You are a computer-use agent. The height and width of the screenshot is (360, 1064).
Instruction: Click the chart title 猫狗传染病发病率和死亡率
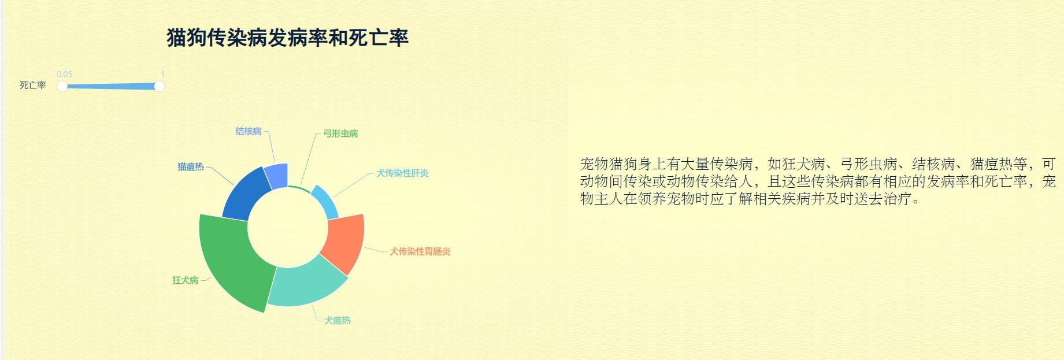(288, 38)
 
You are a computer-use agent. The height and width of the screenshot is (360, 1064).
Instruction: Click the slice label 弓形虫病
(340, 133)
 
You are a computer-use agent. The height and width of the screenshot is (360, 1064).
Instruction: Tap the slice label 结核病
(249, 131)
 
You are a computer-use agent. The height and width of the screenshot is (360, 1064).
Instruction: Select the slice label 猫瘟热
(191, 167)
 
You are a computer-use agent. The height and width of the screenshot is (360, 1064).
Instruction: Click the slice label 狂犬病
(186, 280)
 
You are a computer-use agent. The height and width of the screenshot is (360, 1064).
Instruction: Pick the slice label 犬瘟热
(338, 320)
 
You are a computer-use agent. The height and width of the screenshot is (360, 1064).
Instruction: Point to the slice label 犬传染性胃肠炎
(420, 251)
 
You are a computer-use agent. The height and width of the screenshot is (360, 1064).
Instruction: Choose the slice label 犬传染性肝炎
(402, 173)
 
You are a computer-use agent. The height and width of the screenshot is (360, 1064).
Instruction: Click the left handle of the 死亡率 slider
(62, 87)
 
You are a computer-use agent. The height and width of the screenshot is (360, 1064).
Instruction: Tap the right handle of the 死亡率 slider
(159, 87)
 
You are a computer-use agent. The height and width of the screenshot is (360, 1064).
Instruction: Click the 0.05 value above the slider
(65, 74)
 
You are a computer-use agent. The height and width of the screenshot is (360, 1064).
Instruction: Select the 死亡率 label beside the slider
(33, 86)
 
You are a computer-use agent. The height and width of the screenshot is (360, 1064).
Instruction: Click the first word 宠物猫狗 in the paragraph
(609, 164)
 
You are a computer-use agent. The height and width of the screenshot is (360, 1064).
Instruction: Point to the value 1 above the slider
(162, 74)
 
